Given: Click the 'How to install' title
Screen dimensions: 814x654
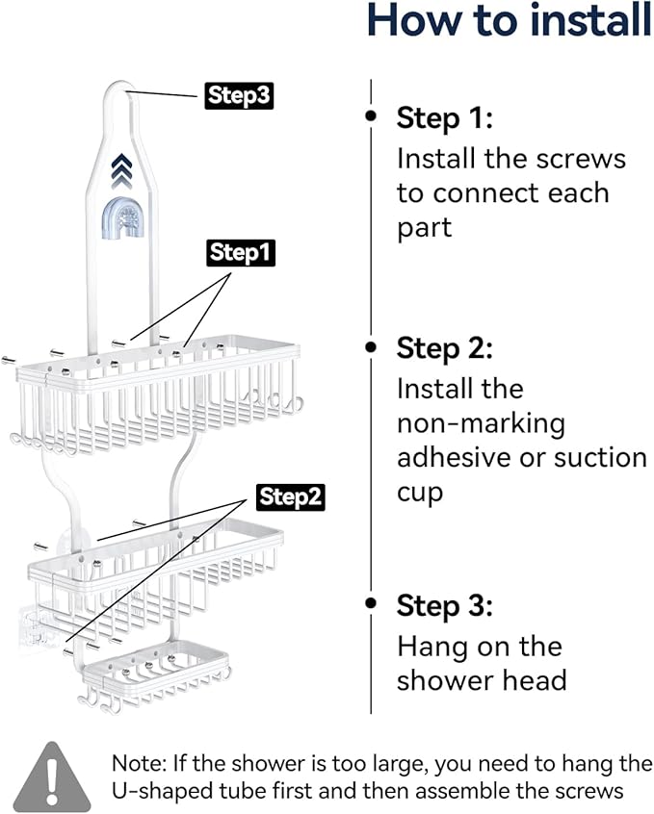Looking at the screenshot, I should coord(510,21).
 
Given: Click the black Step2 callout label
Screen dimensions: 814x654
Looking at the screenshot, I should coord(291,496).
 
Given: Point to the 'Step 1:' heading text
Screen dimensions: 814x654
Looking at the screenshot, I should coord(444,119).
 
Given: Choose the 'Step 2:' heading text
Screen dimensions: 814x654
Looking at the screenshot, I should coord(444,348).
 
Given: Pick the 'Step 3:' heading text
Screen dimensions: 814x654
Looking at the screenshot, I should coord(444,606).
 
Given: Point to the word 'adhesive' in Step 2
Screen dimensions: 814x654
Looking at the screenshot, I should coord(456,457).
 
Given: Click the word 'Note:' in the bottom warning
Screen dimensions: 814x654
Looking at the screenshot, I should coord(142,765).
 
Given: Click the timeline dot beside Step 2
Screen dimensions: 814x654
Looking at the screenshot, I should coord(371,344).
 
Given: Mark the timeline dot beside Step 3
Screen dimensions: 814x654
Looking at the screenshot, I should coord(371,603).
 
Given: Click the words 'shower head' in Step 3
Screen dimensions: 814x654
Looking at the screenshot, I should coord(482,680).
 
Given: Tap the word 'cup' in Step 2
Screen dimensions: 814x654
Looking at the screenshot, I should coord(420,493).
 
